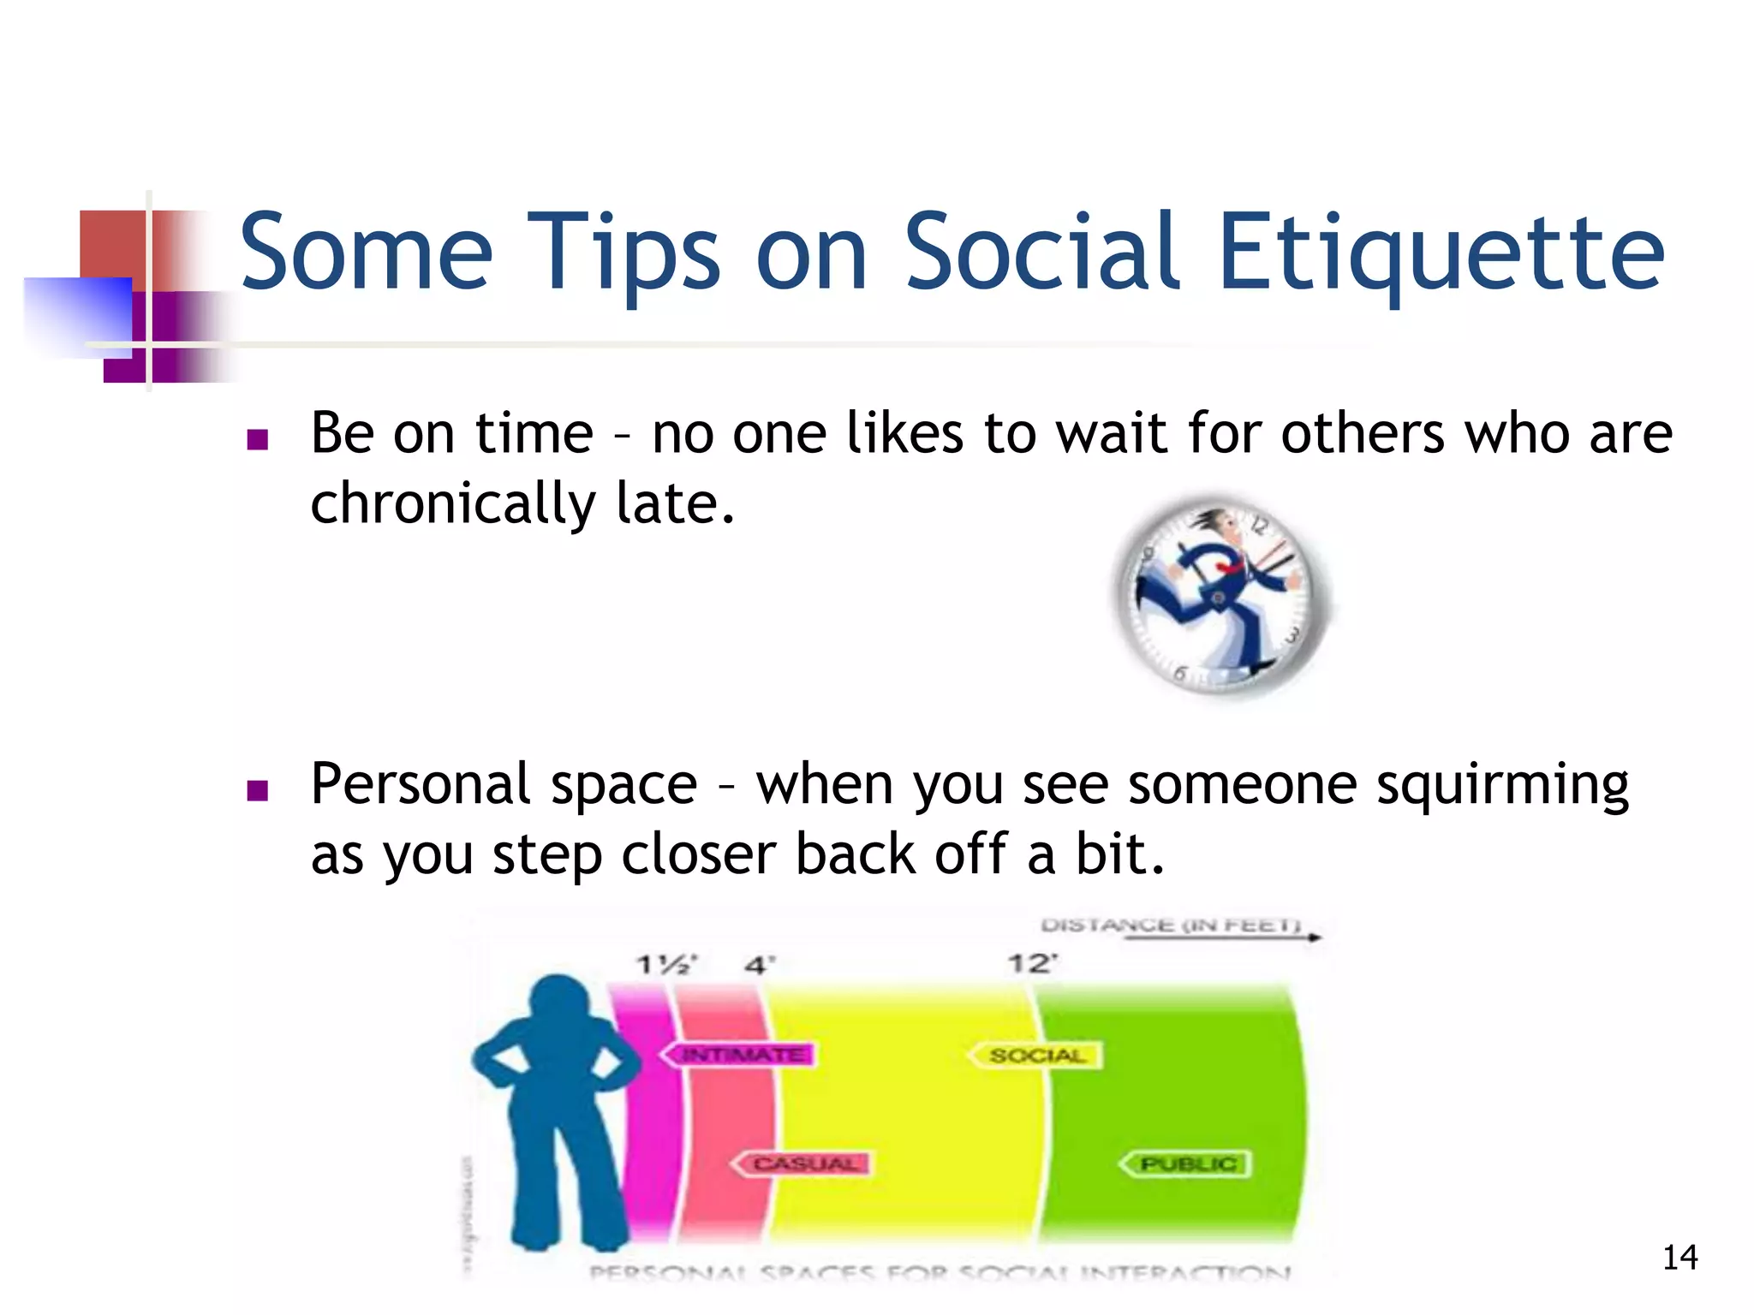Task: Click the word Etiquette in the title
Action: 1441,253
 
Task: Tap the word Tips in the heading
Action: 623,253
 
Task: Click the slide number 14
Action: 1679,1258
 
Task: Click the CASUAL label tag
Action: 802,1163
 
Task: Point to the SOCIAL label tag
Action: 1036,1056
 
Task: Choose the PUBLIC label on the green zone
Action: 1187,1163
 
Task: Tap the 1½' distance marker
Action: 666,965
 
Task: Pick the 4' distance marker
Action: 759,965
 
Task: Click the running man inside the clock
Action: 1216,591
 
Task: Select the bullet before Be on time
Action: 257,440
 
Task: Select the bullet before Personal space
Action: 257,790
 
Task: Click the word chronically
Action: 452,504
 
